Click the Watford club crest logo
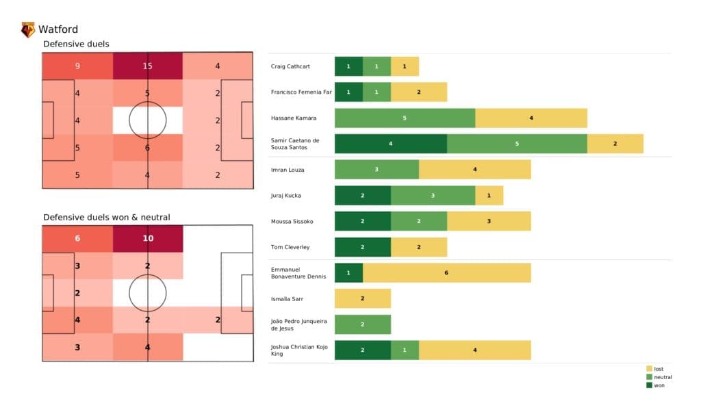point(28,29)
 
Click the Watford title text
point(58,29)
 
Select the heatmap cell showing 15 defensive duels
point(148,66)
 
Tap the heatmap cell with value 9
point(77,66)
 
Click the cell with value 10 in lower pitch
point(148,239)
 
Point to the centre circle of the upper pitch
point(148,120)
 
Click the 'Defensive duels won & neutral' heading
point(107,217)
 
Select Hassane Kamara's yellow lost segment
point(531,118)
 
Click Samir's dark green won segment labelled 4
point(391,144)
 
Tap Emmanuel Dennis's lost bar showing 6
point(447,273)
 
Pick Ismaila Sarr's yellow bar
point(363,298)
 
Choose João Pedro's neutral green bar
point(363,324)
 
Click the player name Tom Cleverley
point(290,247)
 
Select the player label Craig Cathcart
point(291,66)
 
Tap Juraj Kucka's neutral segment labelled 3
point(433,196)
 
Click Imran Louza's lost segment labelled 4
point(475,170)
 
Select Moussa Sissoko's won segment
point(363,221)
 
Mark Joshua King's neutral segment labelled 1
point(405,350)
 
